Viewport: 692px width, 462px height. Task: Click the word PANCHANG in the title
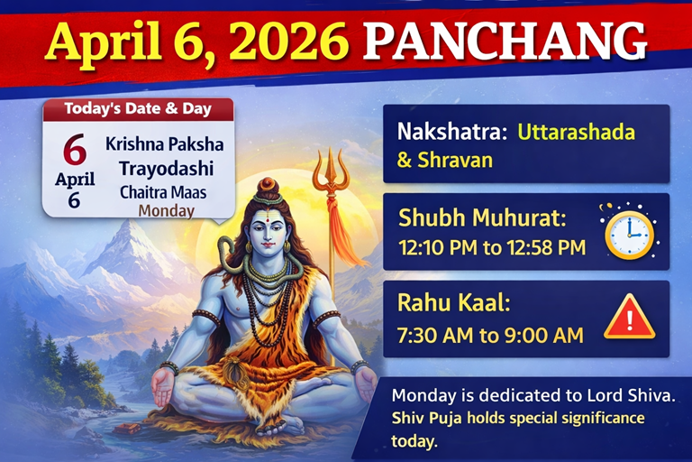(x=509, y=43)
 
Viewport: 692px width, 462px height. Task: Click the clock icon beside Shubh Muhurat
(x=628, y=232)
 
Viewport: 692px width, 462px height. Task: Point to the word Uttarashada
(x=576, y=132)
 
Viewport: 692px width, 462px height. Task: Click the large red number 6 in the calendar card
(x=74, y=149)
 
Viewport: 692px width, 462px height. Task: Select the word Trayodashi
(x=164, y=168)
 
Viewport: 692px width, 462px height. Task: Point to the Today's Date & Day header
(x=138, y=109)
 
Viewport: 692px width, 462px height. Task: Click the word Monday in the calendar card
(x=166, y=211)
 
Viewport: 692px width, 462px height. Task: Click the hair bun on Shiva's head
(x=269, y=188)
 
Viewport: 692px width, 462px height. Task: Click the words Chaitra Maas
(x=164, y=191)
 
